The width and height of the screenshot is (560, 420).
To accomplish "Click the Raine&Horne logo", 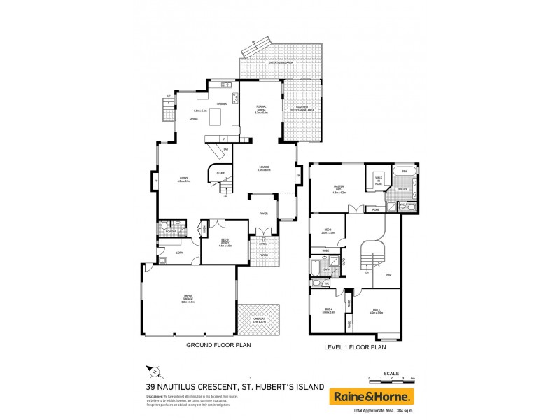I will coord(372,396).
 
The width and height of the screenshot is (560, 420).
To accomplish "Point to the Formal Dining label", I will coord(262,109).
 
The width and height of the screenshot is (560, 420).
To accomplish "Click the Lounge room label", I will coord(264,167).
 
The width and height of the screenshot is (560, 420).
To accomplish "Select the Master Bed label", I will coord(341,187).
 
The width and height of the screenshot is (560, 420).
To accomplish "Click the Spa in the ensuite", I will coord(404,171).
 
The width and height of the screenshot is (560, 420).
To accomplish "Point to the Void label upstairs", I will coord(387,274).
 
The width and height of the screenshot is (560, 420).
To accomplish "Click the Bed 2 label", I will coord(376,310).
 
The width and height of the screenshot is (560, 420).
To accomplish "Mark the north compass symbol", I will coord(157,373).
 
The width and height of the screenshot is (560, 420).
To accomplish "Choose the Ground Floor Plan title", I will coord(218,345).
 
